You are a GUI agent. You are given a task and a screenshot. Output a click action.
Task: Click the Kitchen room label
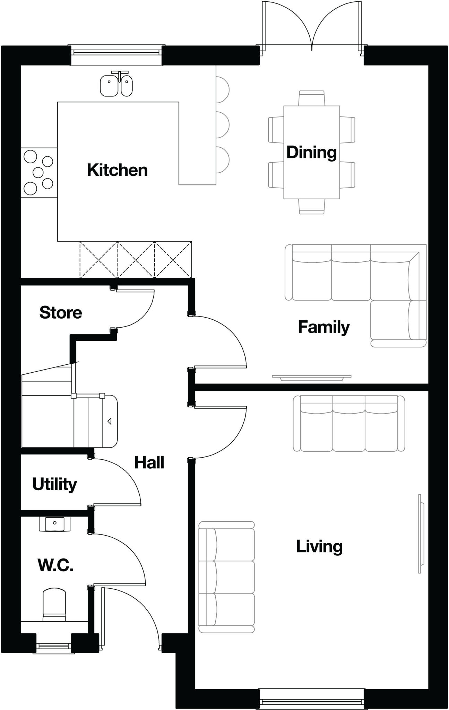(x=117, y=170)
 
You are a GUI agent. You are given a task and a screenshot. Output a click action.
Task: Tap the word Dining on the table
(x=311, y=152)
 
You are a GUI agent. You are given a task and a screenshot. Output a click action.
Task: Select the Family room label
(x=323, y=327)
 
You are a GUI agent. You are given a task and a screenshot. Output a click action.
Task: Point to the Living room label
(x=319, y=546)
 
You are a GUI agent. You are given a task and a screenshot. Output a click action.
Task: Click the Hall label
(x=149, y=462)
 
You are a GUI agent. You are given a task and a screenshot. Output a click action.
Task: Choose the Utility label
(x=54, y=484)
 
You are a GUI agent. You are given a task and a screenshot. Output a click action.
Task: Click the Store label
(x=61, y=312)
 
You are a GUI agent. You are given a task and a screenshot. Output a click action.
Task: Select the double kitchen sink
(x=116, y=85)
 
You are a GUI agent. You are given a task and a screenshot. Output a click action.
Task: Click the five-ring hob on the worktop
(x=38, y=172)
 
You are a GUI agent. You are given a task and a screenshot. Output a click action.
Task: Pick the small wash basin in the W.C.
(x=54, y=524)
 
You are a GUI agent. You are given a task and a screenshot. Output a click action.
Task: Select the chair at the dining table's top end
(x=311, y=98)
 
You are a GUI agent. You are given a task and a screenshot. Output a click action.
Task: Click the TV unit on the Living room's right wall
(x=421, y=534)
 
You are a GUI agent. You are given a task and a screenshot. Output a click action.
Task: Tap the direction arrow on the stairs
(x=109, y=421)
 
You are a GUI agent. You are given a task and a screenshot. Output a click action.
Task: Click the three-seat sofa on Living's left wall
(x=226, y=577)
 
